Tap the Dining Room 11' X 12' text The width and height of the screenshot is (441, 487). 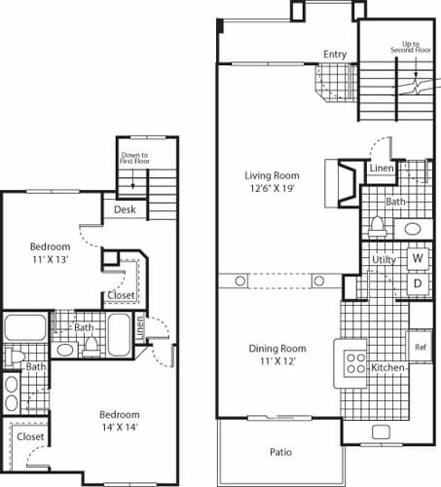pos(277,355)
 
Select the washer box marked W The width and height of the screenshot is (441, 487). pos(417,258)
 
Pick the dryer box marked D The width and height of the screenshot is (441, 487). pos(417,284)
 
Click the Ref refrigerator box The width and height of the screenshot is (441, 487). pos(421,347)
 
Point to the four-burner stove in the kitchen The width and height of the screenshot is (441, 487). pos(352,362)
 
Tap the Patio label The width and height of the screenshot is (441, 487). pos(280,452)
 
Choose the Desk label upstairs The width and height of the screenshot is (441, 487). pos(124,209)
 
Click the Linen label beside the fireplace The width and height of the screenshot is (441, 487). pos(381,169)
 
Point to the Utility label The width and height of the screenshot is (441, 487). pos(384,260)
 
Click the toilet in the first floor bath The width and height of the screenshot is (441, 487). pos(379,227)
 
